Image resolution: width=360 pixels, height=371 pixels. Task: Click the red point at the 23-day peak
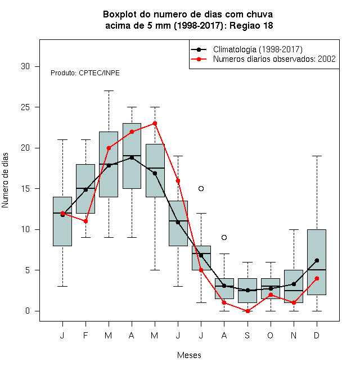pos(155,123)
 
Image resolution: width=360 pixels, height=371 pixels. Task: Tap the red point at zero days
pos(247,311)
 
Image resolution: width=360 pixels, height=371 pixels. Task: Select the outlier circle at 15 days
pos(201,188)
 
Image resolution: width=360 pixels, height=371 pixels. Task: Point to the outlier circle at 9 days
pos(224,237)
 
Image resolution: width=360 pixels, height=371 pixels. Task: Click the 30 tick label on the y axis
pos(25,66)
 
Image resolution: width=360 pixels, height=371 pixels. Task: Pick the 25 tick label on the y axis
pos(25,107)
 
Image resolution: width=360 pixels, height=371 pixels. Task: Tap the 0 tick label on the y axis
pos(28,311)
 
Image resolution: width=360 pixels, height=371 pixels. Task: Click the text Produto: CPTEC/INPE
pos(85,73)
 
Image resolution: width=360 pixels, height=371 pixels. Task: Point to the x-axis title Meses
pos(189,355)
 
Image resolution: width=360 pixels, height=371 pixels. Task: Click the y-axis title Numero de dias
pos(5,180)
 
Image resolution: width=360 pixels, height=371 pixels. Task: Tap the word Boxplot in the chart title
pos(120,15)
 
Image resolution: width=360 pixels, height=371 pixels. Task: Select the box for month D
pos(317,262)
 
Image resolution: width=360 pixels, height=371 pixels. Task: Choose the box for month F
pos(85,189)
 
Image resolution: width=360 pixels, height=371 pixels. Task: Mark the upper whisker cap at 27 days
pos(109,91)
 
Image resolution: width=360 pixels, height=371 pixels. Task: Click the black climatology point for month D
pos(317,260)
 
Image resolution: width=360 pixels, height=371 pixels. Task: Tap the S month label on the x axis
pos(247,335)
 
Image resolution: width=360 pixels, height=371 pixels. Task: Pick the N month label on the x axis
pos(294,335)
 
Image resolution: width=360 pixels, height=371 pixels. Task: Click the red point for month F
pos(85,221)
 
